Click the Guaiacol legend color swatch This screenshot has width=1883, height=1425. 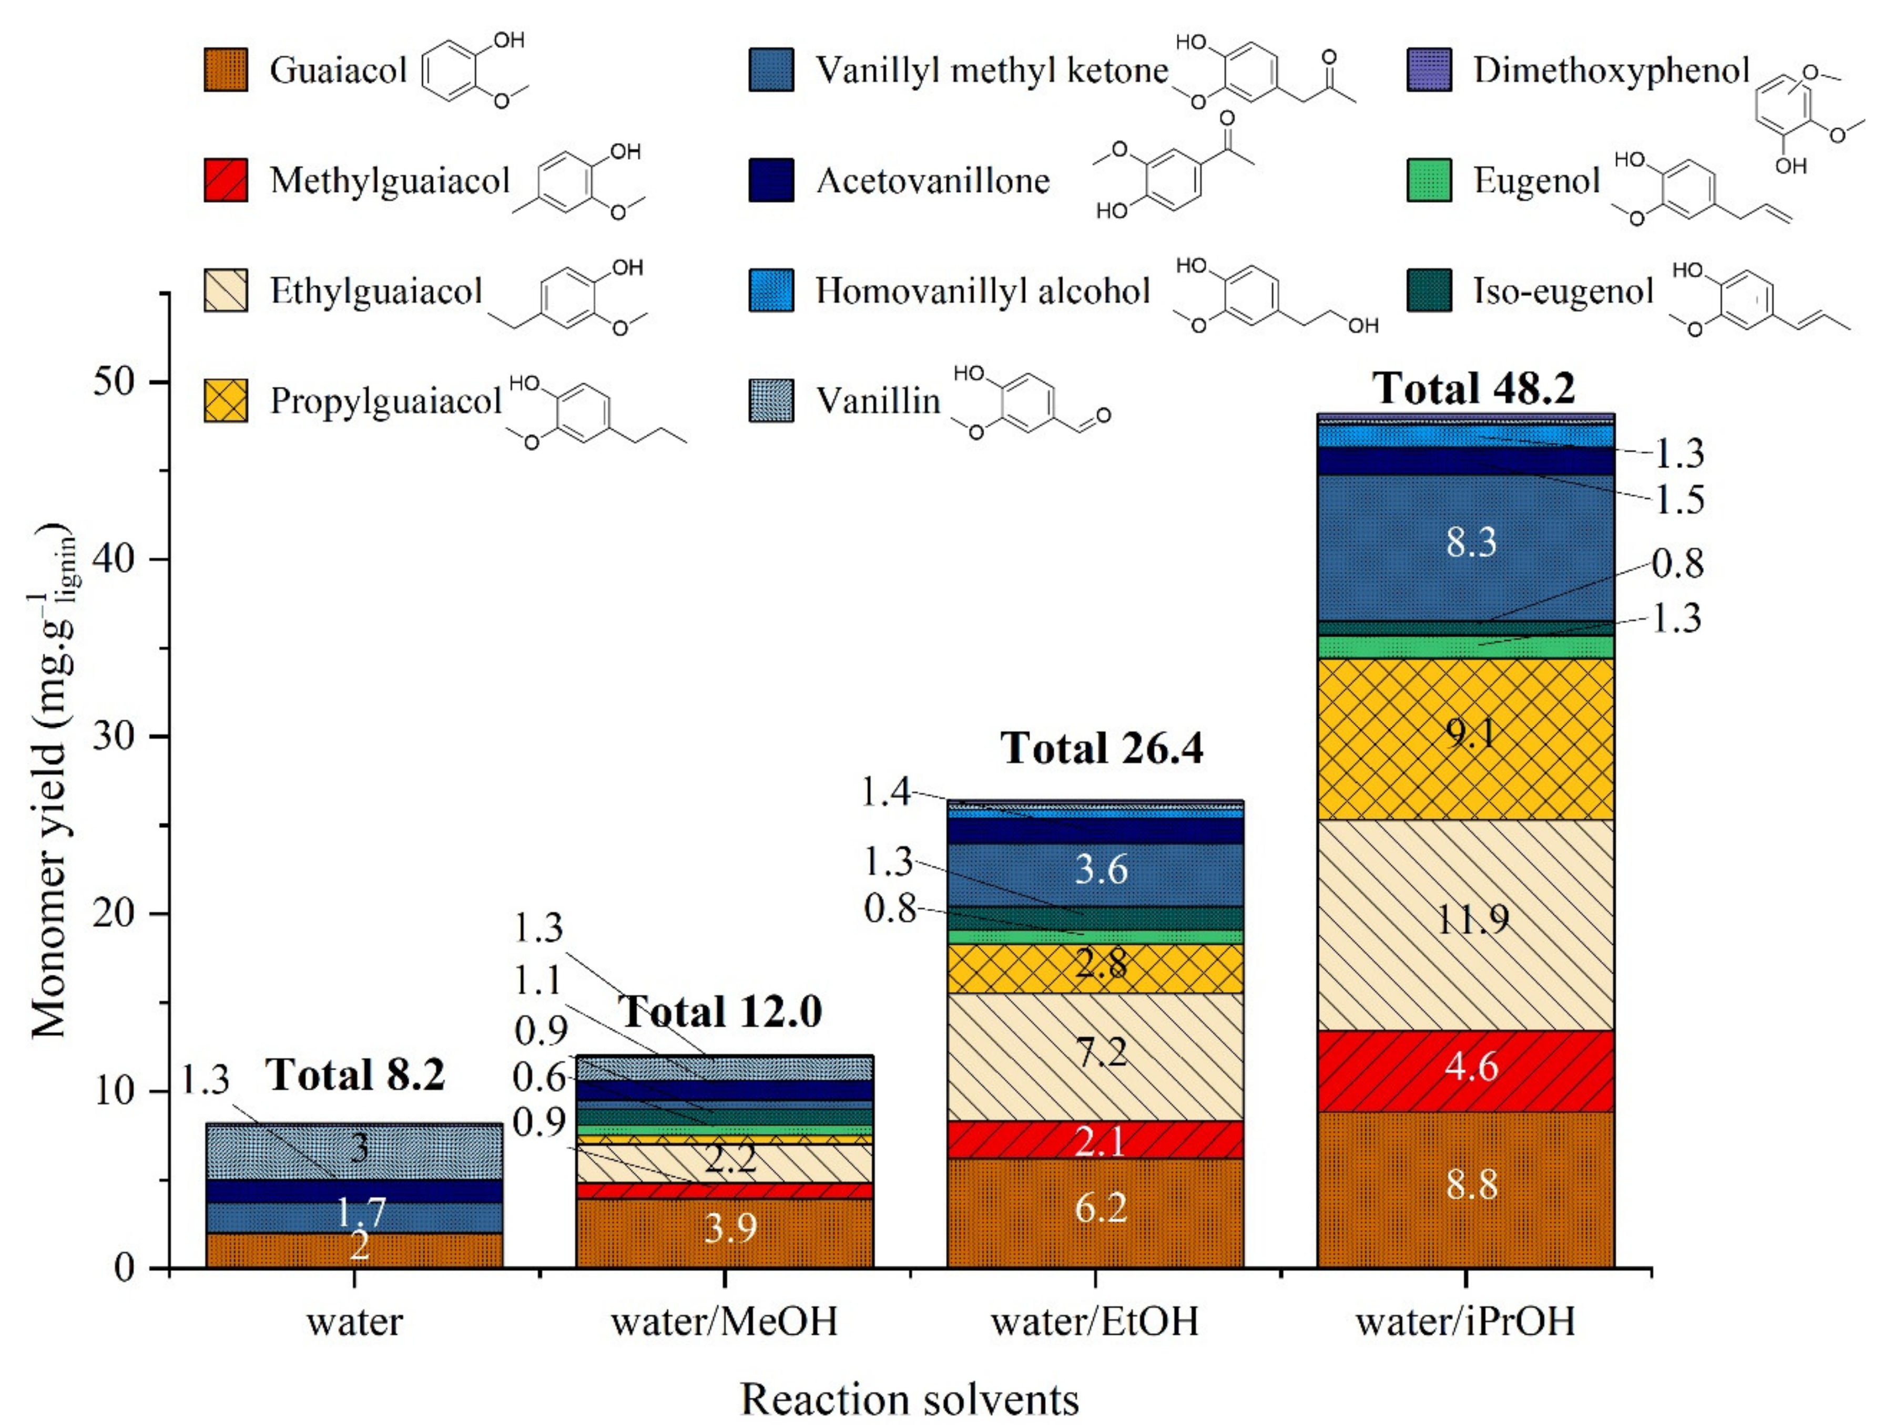[226, 70]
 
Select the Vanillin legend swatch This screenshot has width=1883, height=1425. [771, 401]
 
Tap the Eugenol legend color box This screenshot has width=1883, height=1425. [1429, 180]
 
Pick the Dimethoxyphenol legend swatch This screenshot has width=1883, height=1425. [1429, 70]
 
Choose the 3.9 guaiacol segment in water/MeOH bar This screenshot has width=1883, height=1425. [725, 1232]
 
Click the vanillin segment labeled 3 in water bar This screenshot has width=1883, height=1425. [355, 1150]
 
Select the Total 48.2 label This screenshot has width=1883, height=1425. [1473, 389]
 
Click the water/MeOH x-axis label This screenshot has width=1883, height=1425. [725, 1321]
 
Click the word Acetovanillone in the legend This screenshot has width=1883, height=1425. [933, 180]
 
